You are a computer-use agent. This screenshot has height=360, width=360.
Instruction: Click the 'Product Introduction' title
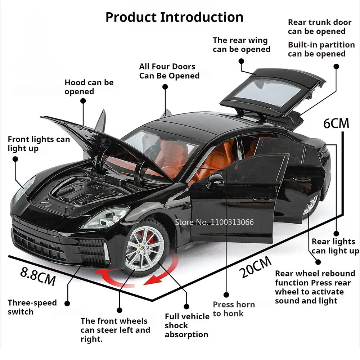pos(174,17)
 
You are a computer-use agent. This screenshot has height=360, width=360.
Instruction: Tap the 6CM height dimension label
pos(336,123)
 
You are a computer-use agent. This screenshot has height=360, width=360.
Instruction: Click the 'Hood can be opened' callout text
pos(89,87)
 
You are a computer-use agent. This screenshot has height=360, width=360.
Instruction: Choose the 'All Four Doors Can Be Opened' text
pos(169,71)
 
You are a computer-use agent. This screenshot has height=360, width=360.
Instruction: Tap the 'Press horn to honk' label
pos(234,309)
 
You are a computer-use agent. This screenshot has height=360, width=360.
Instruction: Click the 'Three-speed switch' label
pos(32,307)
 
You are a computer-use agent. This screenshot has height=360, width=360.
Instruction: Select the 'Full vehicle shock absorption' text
pos(187,325)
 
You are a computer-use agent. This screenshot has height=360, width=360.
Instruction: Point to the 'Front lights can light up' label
pos(39,144)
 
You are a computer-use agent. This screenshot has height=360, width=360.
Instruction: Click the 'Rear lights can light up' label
pos(335,246)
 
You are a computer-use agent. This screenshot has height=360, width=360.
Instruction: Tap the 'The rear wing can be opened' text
pos(241,45)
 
